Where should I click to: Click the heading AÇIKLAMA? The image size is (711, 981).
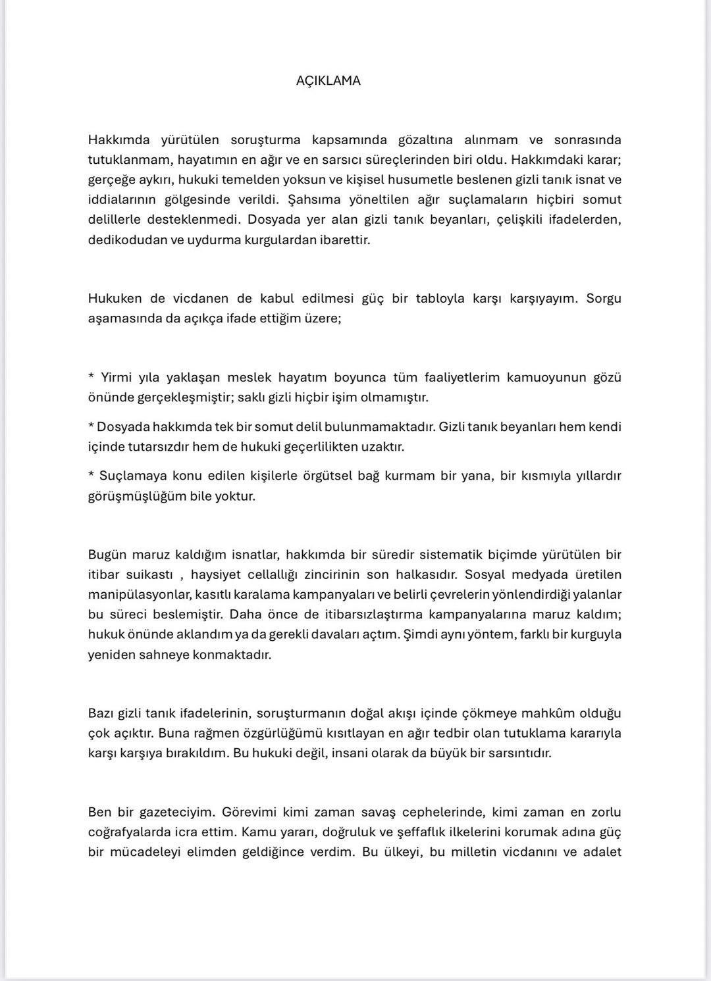pyautogui.click(x=328, y=81)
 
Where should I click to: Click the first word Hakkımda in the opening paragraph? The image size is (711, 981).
pyautogui.click(x=119, y=140)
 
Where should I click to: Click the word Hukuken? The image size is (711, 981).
pyautogui.click(x=115, y=298)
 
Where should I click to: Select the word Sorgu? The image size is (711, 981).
pyautogui.click(x=604, y=298)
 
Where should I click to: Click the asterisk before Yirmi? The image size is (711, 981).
pyautogui.click(x=91, y=377)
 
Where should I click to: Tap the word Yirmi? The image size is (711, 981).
pyautogui.click(x=117, y=378)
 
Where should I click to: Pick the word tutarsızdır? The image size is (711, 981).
pyautogui.click(x=161, y=447)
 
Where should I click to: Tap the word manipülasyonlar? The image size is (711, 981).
pyautogui.click(x=140, y=595)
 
